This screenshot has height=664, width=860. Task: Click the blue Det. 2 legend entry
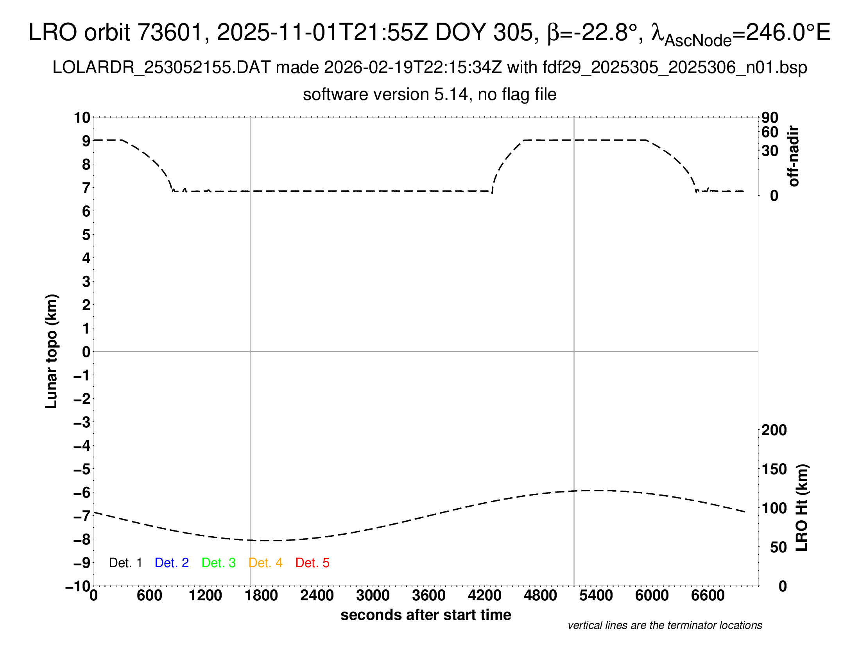[172, 563]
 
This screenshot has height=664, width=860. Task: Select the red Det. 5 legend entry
[312, 563]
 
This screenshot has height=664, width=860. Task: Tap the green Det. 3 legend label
[219, 563]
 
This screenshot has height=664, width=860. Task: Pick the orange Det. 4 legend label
[265, 563]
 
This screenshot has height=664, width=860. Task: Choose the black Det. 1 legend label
[125, 563]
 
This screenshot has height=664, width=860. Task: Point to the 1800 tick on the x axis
[261, 596]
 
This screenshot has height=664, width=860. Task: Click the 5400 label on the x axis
[596, 596]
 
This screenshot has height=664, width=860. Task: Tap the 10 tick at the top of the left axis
[82, 117]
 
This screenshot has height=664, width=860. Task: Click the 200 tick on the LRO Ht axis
[774, 430]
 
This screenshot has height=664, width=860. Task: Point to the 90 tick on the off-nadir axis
[770, 117]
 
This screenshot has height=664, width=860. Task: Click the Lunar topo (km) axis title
[52, 351]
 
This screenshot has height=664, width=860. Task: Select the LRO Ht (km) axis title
[802, 508]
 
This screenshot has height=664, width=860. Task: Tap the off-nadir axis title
[794, 156]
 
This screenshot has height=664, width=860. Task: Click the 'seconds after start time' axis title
[426, 615]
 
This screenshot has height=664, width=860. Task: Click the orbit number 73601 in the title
[170, 32]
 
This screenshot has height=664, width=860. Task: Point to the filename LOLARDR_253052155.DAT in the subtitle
[161, 68]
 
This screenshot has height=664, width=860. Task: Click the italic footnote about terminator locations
[665, 625]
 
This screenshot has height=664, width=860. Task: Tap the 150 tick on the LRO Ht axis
[774, 469]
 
